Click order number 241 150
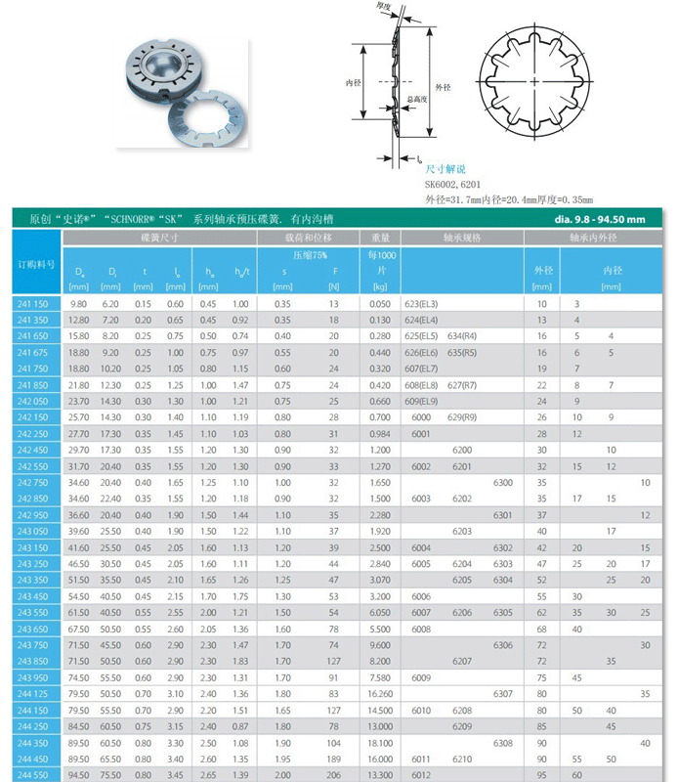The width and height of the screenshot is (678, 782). pyautogui.click(x=32, y=305)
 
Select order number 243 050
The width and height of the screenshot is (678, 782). pyautogui.click(x=32, y=531)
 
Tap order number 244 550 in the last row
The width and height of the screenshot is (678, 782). pyautogui.click(x=32, y=774)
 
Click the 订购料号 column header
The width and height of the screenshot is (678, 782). pyautogui.click(x=36, y=265)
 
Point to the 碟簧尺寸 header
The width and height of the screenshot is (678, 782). pyautogui.click(x=158, y=238)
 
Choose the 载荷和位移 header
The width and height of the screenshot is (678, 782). pyautogui.click(x=308, y=238)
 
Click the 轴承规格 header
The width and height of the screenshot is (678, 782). pyautogui.click(x=462, y=238)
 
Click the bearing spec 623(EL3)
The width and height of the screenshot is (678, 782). pyautogui.click(x=421, y=305)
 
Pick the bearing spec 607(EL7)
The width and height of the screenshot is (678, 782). pyautogui.click(x=421, y=369)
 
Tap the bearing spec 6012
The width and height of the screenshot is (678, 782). pyautogui.click(x=421, y=774)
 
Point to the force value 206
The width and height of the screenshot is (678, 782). pyautogui.click(x=333, y=774)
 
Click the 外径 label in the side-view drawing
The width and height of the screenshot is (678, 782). pyautogui.click(x=443, y=87)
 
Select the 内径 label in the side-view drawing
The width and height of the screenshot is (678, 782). pyautogui.click(x=354, y=83)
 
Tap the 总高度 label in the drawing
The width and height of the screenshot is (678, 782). pyautogui.click(x=415, y=100)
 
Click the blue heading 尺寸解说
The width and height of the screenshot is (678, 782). pyautogui.click(x=445, y=169)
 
